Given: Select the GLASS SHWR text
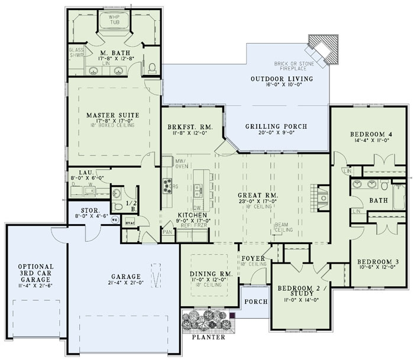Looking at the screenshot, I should pyautogui.click(x=76, y=54).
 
